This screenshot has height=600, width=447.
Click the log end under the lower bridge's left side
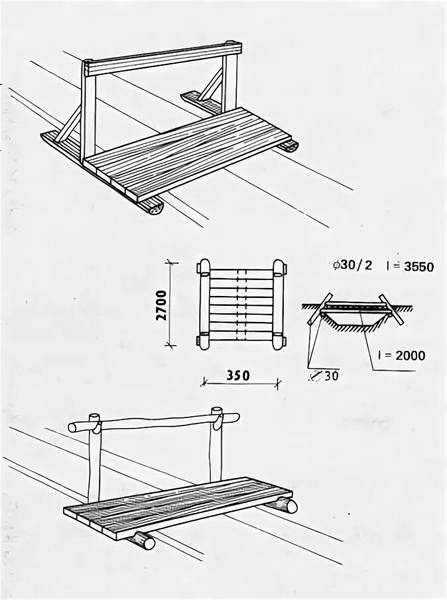145,541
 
